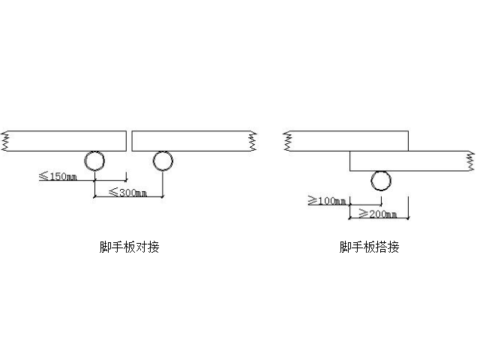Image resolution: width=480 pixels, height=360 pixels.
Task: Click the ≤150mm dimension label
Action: pos(58,177)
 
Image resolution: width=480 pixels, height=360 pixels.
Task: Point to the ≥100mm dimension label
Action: pos(326,200)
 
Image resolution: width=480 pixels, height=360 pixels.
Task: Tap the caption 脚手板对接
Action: pos(130,247)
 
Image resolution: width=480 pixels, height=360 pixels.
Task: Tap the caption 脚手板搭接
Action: pos(369,247)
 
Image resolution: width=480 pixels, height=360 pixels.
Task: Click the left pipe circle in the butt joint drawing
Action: pos(94,161)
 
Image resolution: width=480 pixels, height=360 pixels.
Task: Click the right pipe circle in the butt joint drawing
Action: pos(163,161)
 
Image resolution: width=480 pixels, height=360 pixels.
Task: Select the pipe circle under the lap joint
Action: pos(381,180)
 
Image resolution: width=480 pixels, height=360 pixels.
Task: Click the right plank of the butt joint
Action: pos(190,140)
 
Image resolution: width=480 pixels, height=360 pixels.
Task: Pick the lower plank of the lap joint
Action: pos(409,160)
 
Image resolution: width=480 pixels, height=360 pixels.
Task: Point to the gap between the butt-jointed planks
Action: pos(129,140)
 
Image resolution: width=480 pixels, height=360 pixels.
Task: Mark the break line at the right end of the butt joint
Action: pos(252,140)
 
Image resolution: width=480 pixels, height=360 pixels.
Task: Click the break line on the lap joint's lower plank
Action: pos(469,160)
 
